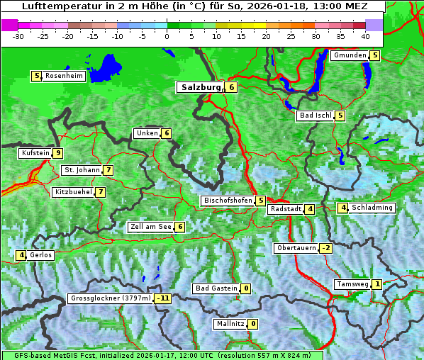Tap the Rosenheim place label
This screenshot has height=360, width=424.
(64, 76)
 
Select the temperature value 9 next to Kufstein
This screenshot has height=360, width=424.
(58, 153)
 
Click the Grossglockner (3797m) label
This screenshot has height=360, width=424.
(111, 298)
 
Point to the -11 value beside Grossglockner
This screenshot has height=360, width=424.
(164, 298)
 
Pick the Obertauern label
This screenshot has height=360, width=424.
(296, 248)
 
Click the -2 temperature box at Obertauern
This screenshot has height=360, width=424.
(325, 248)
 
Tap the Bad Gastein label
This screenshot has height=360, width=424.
(216, 288)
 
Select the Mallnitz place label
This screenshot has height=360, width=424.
(230, 324)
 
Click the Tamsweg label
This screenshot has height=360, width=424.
(352, 284)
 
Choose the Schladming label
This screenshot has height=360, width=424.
(372, 208)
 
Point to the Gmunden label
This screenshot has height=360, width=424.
(350, 55)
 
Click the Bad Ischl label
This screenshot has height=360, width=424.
(315, 116)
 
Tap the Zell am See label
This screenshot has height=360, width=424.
(150, 227)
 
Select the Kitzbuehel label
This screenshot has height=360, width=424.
(73, 192)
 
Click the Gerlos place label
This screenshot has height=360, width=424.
(41, 255)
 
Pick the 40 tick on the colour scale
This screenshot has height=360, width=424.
(365, 35)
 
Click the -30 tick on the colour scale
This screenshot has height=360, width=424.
(19, 35)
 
